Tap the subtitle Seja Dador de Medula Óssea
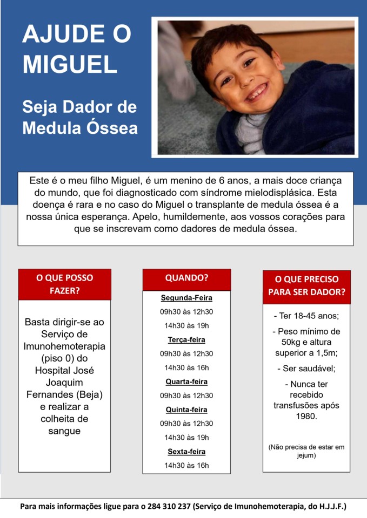(79, 117)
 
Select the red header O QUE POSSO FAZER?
(64, 284)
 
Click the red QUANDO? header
(186, 278)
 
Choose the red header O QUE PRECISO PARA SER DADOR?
(306, 287)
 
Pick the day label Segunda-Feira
(186, 298)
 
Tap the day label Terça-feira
(186, 340)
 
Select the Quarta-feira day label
(186, 381)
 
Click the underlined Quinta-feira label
(186, 410)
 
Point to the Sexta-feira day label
(186, 452)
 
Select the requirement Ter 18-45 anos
(306, 316)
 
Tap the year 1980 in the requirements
(306, 416)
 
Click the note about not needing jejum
(306, 451)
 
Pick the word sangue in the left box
(64, 431)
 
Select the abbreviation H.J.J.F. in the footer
(328, 507)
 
